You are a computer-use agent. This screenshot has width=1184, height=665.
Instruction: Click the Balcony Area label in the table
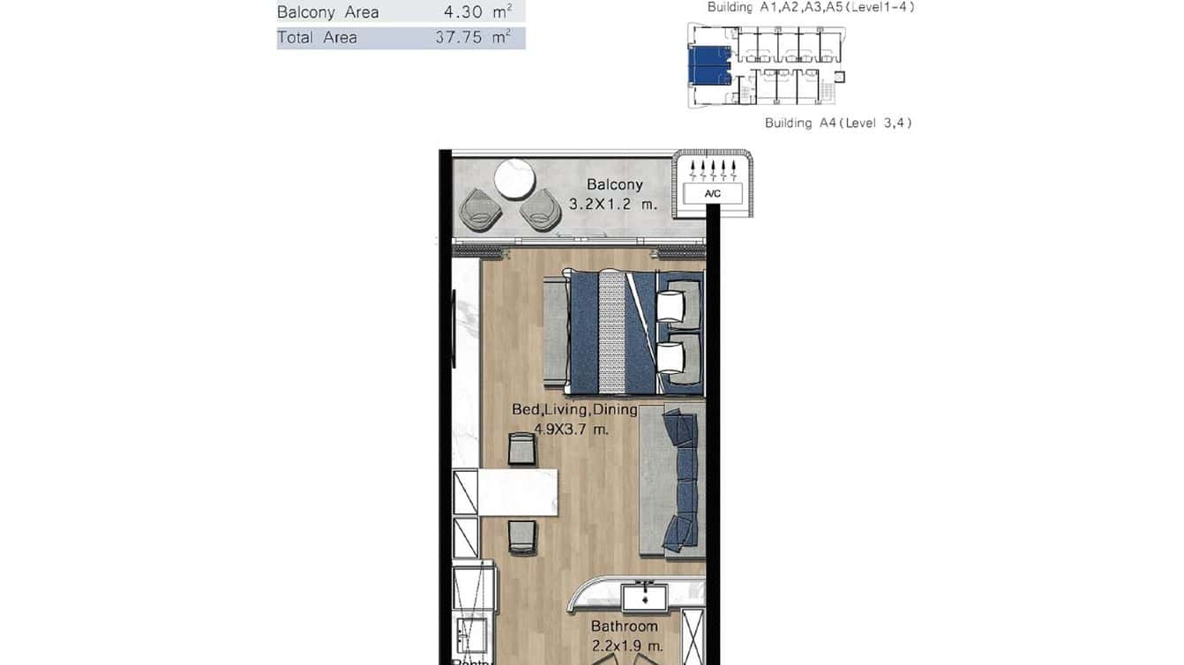click(x=327, y=12)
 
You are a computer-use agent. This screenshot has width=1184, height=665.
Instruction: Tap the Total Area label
click(x=317, y=38)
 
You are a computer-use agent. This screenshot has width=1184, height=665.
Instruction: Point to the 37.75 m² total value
click(x=473, y=38)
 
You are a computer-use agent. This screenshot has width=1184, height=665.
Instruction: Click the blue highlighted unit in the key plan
click(x=708, y=65)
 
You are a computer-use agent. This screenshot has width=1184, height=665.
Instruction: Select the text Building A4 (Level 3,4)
click(x=837, y=123)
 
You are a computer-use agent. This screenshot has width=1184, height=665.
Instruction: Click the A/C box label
click(x=711, y=194)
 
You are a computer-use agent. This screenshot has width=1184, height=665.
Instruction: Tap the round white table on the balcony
click(x=514, y=179)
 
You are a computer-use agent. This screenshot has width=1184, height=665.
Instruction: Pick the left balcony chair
click(x=482, y=210)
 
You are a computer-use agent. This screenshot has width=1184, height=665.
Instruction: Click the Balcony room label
click(x=615, y=185)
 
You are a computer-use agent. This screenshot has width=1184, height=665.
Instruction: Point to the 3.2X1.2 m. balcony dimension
click(x=614, y=204)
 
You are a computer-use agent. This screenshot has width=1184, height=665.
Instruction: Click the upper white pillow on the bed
click(x=671, y=306)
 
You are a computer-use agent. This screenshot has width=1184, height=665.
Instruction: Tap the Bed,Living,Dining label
click(x=574, y=410)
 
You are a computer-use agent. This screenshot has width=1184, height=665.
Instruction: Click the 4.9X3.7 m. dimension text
click(x=572, y=430)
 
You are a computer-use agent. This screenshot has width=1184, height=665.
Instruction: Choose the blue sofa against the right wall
click(x=680, y=482)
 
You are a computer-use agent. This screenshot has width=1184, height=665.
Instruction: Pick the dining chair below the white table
click(x=521, y=536)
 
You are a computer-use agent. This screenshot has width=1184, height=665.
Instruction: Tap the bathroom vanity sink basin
click(x=645, y=598)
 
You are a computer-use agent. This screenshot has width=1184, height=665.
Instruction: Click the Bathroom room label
click(x=625, y=626)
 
